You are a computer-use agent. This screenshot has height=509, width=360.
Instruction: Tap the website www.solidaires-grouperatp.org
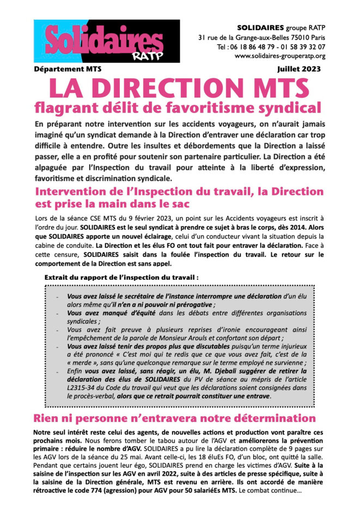click(280, 56)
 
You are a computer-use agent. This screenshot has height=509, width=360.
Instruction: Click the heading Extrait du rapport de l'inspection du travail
click(121, 277)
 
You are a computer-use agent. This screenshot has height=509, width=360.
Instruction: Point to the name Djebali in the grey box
click(225, 371)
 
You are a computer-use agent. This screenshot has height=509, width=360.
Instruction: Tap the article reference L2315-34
click(72, 388)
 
